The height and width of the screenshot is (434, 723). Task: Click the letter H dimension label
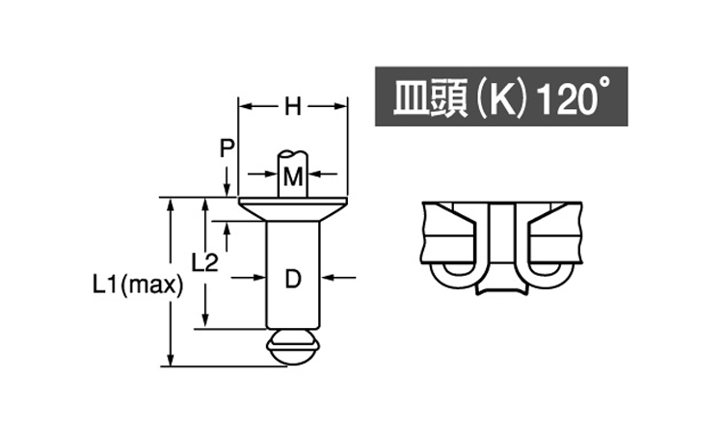tap(292, 107)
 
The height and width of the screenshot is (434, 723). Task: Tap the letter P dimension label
tap(226, 148)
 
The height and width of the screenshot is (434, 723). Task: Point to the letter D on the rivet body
tap(294, 279)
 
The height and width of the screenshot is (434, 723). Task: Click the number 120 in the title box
tap(560, 99)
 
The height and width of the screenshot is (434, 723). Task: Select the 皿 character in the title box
tap(411, 99)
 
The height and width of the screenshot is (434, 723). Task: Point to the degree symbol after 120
tap(604, 88)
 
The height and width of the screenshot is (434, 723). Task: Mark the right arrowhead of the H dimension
tap(341, 106)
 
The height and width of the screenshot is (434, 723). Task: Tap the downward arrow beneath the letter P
tap(226, 188)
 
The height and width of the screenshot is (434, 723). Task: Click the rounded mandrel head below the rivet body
tap(293, 346)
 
